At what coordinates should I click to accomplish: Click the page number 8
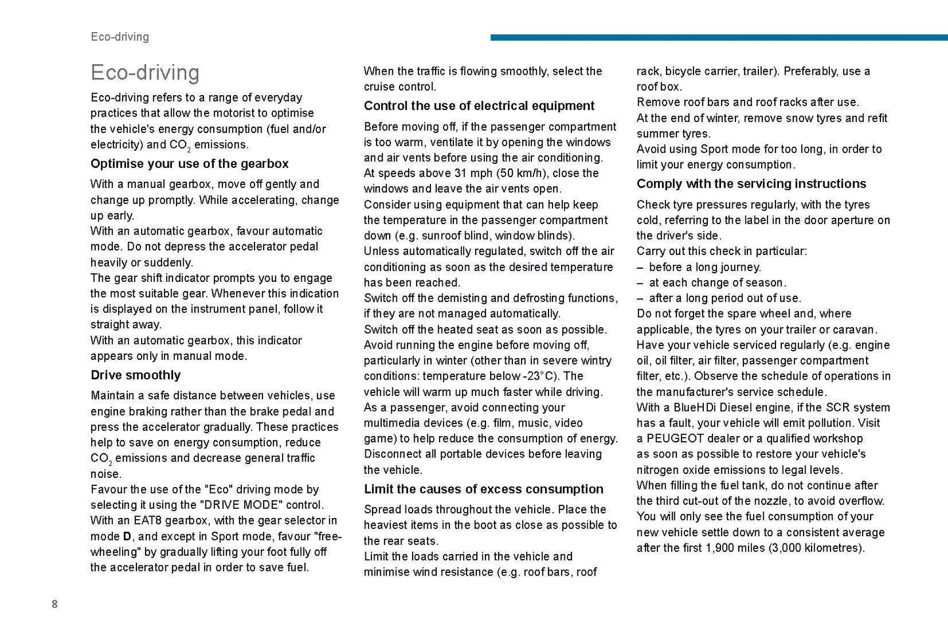(54, 604)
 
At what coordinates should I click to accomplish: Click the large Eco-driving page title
(145, 72)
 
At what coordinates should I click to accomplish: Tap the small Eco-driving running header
(120, 37)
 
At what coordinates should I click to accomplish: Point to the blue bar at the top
(718, 37)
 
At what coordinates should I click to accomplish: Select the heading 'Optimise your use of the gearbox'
(190, 164)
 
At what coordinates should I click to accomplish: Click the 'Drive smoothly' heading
(136, 375)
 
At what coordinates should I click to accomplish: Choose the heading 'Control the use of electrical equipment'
(479, 106)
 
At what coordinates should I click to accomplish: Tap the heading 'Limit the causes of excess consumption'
(484, 489)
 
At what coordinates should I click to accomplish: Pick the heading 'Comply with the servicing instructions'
(751, 184)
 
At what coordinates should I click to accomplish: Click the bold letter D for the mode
(127, 536)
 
